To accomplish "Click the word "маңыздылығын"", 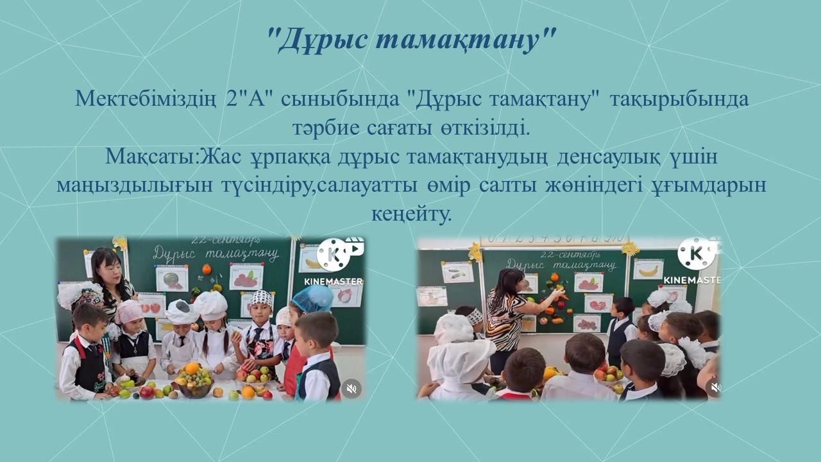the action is (135, 185).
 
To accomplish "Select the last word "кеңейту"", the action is (410, 214).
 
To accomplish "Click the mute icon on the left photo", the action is (351, 388).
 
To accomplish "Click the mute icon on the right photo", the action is (714, 387).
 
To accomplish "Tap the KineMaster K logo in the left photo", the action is (333, 255).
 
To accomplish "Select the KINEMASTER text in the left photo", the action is (333, 281).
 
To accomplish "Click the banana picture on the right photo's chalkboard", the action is (648, 271).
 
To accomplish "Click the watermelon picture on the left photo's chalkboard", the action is (171, 280).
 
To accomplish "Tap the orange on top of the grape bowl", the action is (192, 368).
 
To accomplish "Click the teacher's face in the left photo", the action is (111, 273).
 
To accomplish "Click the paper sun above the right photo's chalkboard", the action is (630, 248).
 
